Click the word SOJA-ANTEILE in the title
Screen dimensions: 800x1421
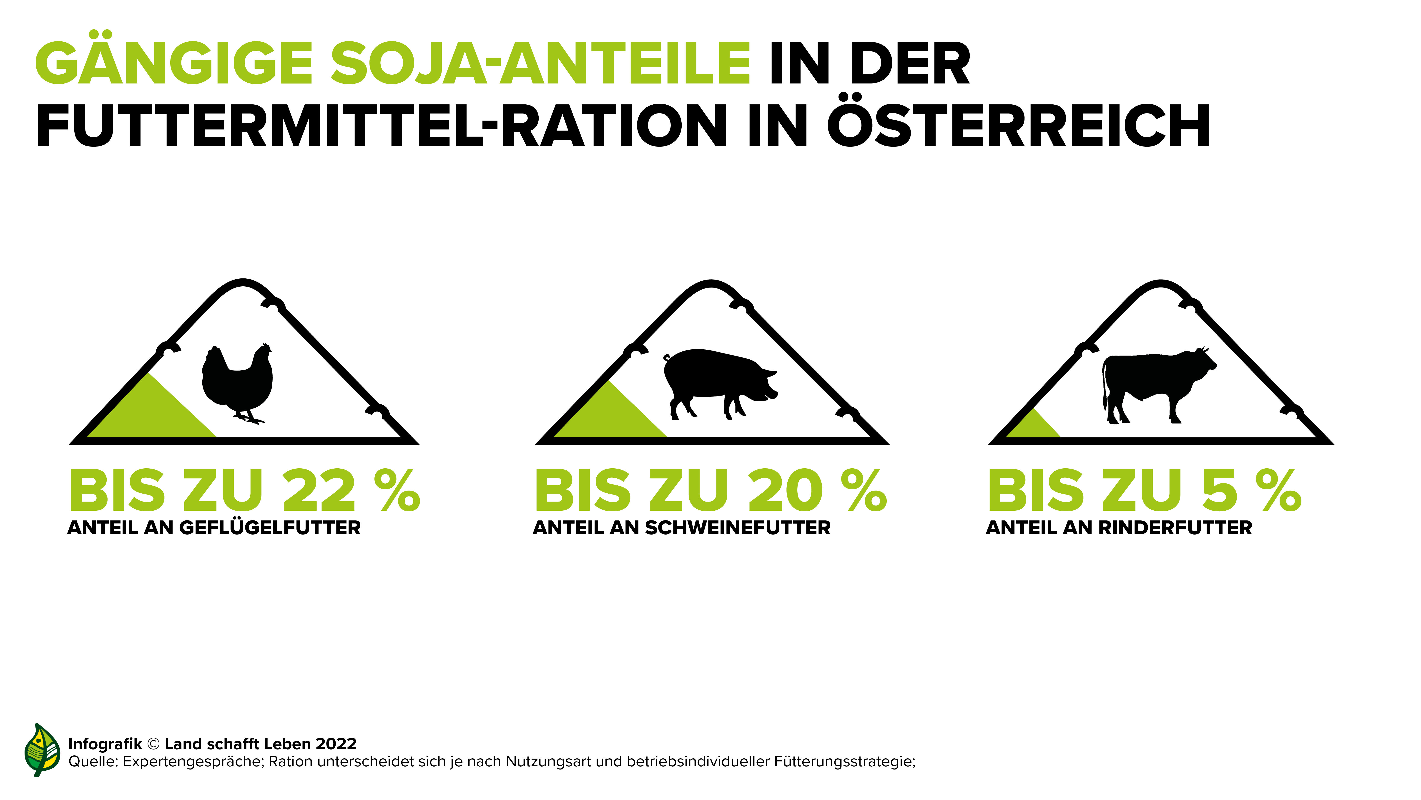click(x=541, y=63)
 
